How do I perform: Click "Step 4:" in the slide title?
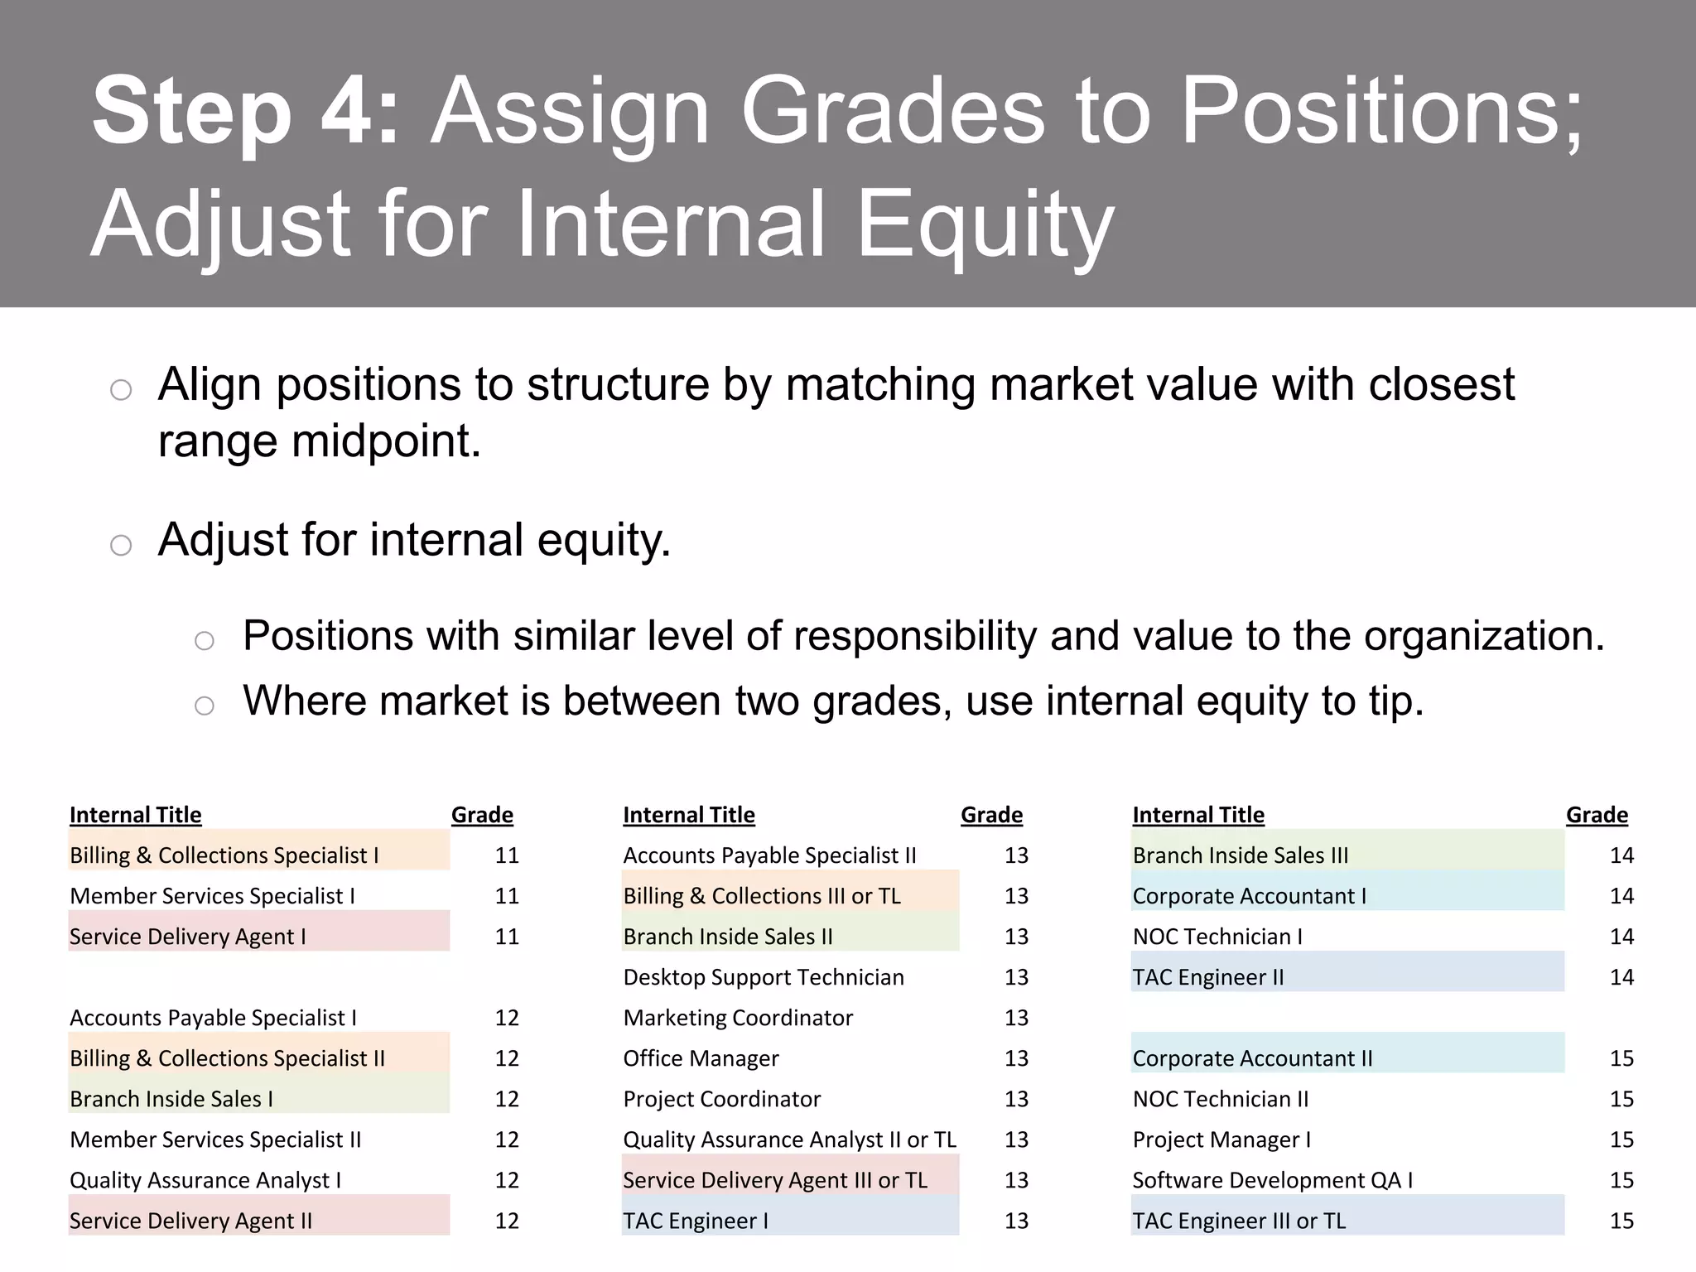[245, 112]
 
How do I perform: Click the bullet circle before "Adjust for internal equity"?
[121, 545]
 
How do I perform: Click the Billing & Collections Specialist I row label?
[224, 855]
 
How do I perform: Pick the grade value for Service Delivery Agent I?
[507, 937]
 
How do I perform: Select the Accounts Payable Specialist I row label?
[213, 1018]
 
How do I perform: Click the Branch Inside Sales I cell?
[171, 1099]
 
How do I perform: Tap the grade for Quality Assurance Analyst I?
[507, 1180]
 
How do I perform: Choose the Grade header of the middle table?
[991, 815]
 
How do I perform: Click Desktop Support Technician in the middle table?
[763, 977]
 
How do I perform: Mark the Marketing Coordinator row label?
[737, 1018]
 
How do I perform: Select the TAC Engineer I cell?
[696, 1221]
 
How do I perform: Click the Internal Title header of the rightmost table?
[1197, 815]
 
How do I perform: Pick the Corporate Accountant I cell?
[1249, 896]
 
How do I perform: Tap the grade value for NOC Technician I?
[1621, 937]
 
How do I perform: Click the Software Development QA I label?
[1272, 1180]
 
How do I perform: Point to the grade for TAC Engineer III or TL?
[1621, 1221]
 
